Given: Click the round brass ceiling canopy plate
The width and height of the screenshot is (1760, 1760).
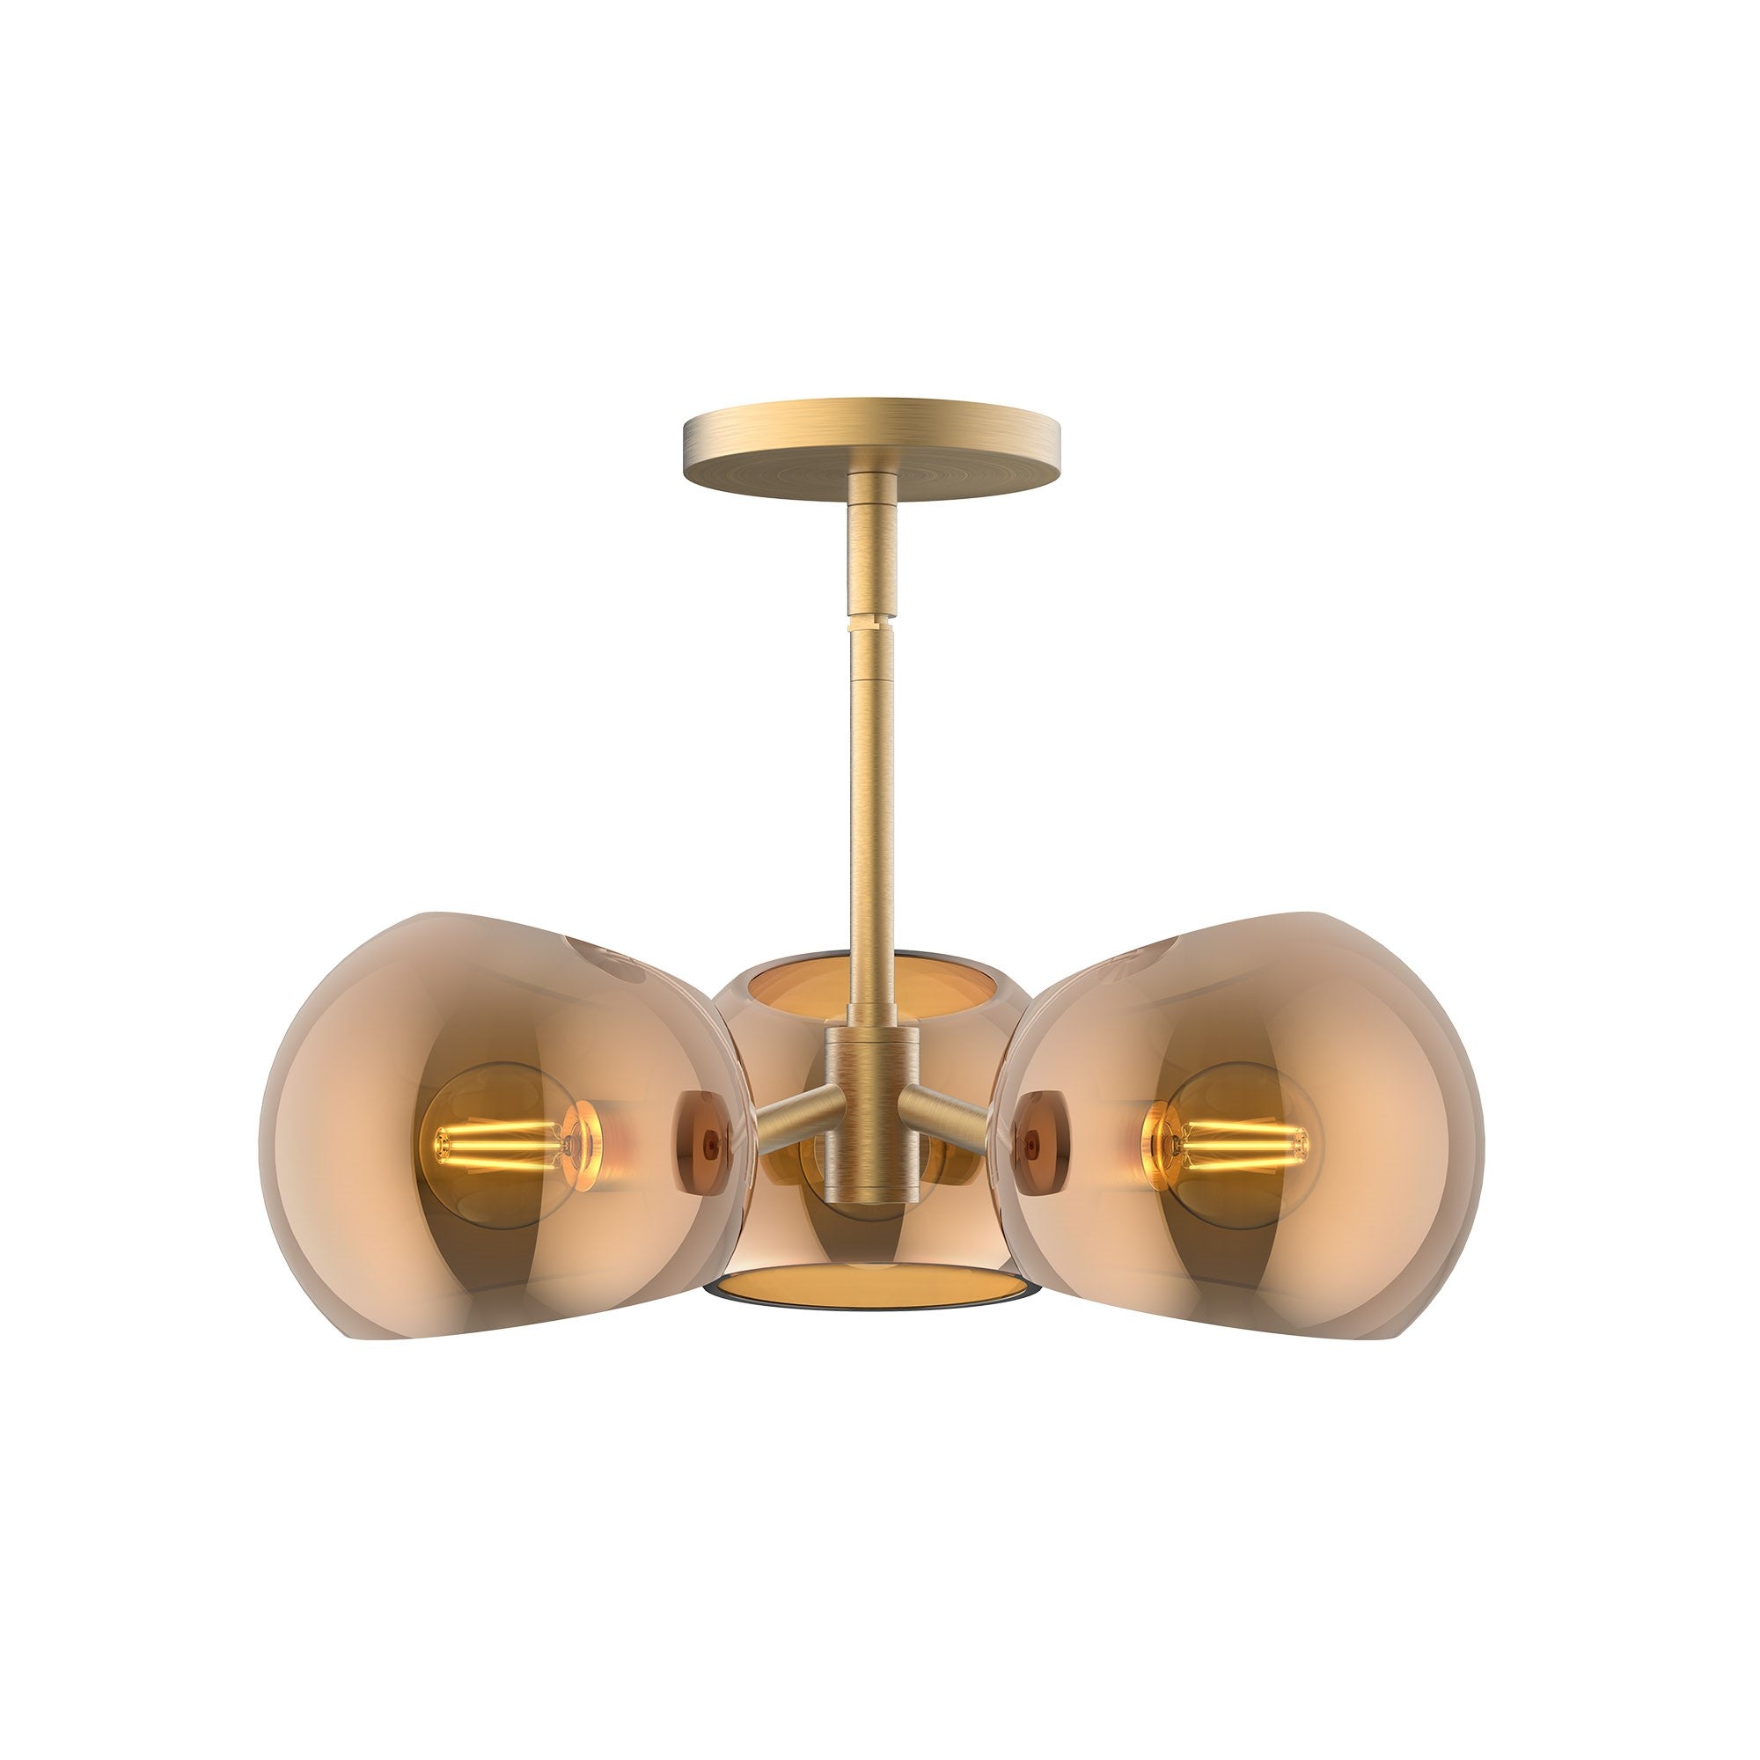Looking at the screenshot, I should point(870,446).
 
